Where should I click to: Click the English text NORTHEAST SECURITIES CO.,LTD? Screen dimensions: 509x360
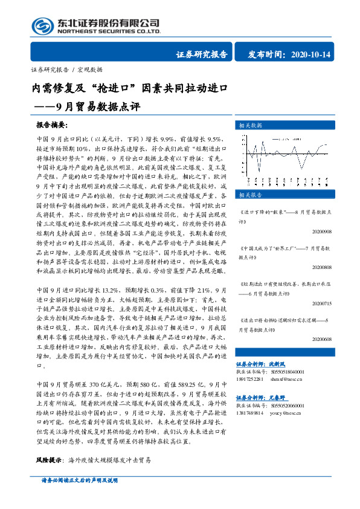[x=109, y=31]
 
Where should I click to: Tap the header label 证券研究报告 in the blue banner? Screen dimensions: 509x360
[x=202, y=54]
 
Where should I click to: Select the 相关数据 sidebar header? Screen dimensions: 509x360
[x=251, y=125]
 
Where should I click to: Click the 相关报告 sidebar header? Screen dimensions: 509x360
[x=251, y=195]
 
